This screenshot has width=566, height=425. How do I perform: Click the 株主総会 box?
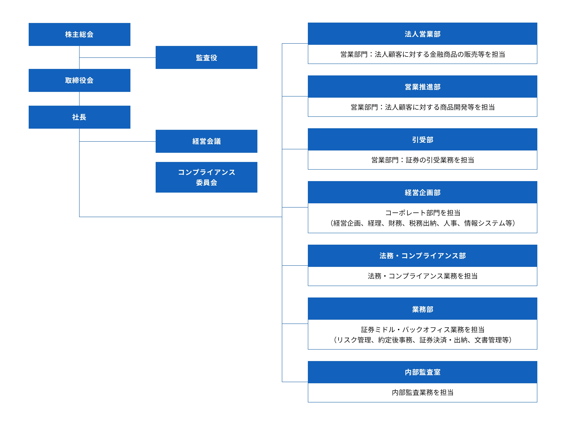pos(79,34)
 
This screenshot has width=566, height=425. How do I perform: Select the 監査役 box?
pos(206,58)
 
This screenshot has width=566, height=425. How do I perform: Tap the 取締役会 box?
pos(79,80)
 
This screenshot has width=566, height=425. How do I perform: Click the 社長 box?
pos(79,117)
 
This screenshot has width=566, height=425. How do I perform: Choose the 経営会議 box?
pos(206,141)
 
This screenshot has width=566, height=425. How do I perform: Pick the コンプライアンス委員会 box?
pos(206,177)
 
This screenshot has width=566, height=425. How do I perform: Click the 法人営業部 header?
pos(422,34)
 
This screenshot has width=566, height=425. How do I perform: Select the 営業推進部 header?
pos(422,87)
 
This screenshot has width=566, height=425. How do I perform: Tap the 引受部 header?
pos(422,140)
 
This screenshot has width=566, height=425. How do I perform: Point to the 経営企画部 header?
pos(422,192)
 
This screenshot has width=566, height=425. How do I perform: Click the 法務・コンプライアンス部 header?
pos(422,256)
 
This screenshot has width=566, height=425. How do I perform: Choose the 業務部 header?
pos(422,309)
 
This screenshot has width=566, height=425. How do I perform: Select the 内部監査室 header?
pos(422,372)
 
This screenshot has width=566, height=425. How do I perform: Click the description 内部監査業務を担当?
pos(422,392)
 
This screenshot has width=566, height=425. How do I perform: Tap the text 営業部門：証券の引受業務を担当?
pos(422,160)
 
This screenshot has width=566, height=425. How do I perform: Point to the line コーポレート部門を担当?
pos(422,213)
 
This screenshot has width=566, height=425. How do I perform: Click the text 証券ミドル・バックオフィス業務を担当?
pos(422,329)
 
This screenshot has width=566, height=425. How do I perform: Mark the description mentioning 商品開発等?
pos(422,107)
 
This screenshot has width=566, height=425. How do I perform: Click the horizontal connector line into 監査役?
pos(118,58)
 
